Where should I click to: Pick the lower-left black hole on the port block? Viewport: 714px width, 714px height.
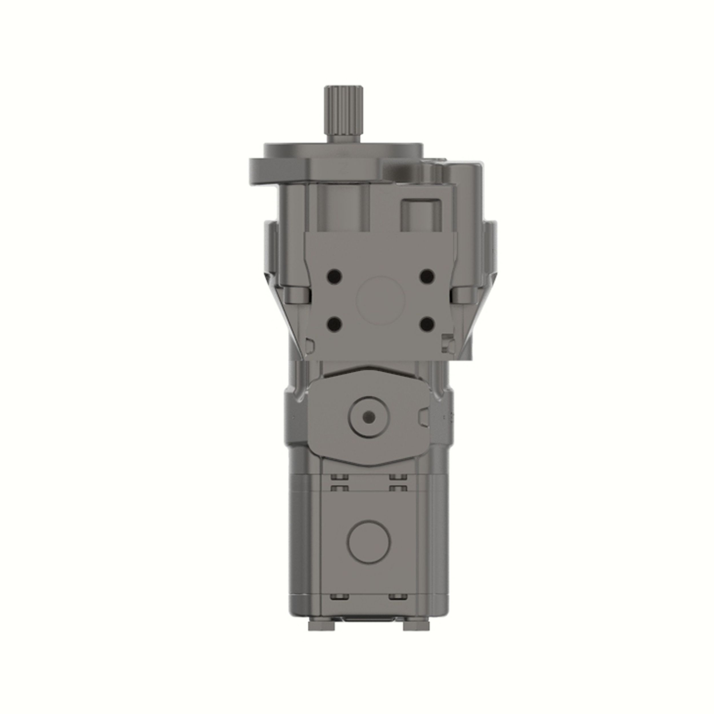pyautogui.click(x=335, y=324)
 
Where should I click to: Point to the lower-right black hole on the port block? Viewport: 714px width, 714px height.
pyautogui.click(x=427, y=324)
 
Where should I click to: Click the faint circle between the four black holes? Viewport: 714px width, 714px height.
pyautogui.click(x=381, y=300)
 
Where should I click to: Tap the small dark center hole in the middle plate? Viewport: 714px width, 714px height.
pyautogui.click(x=369, y=417)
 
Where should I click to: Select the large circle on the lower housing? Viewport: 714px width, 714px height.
pyautogui.click(x=369, y=541)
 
